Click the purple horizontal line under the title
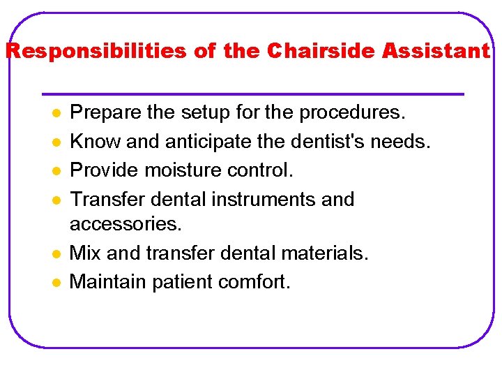click(252, 94)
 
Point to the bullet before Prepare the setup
click(54, 113)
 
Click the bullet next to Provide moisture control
click(54, 171)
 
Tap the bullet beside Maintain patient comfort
click(54, 282)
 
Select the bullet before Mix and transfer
click(54, 253)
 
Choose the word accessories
click(125, 225)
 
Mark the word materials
click(321, 253)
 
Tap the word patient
click(176, 282)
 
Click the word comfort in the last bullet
click(253, 282)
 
